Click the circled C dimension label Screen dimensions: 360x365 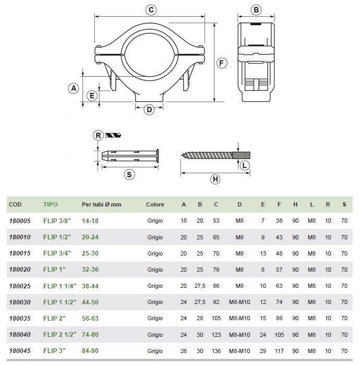click(151, 10)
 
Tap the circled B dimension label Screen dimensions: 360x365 click(256, 10)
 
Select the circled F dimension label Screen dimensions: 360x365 click(221, 63)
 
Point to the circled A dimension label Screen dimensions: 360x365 click(74, 89)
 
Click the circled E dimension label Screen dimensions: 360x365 click(92, 95)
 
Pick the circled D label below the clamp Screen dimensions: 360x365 click(149, 110)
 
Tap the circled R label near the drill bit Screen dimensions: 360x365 click(98, 136)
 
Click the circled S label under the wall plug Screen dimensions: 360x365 click(129, 175)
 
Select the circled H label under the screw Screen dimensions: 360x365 click(215, 179)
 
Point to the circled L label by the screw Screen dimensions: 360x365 click(245, 165)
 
